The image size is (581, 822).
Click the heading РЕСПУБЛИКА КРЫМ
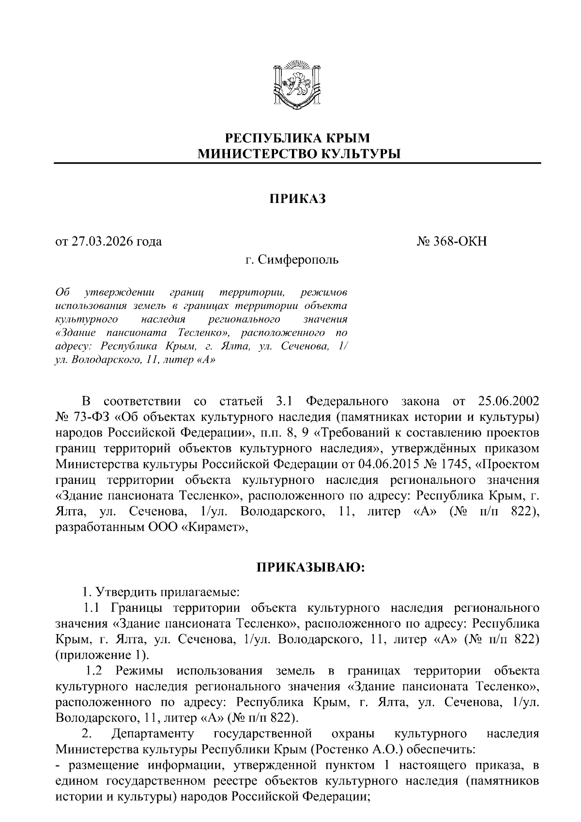[297, 138]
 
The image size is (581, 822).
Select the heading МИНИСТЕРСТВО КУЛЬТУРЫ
[297, 154]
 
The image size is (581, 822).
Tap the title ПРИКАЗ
[297, 199]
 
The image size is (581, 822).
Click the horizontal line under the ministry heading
[297, 163]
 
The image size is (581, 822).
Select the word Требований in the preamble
[367, 433]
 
